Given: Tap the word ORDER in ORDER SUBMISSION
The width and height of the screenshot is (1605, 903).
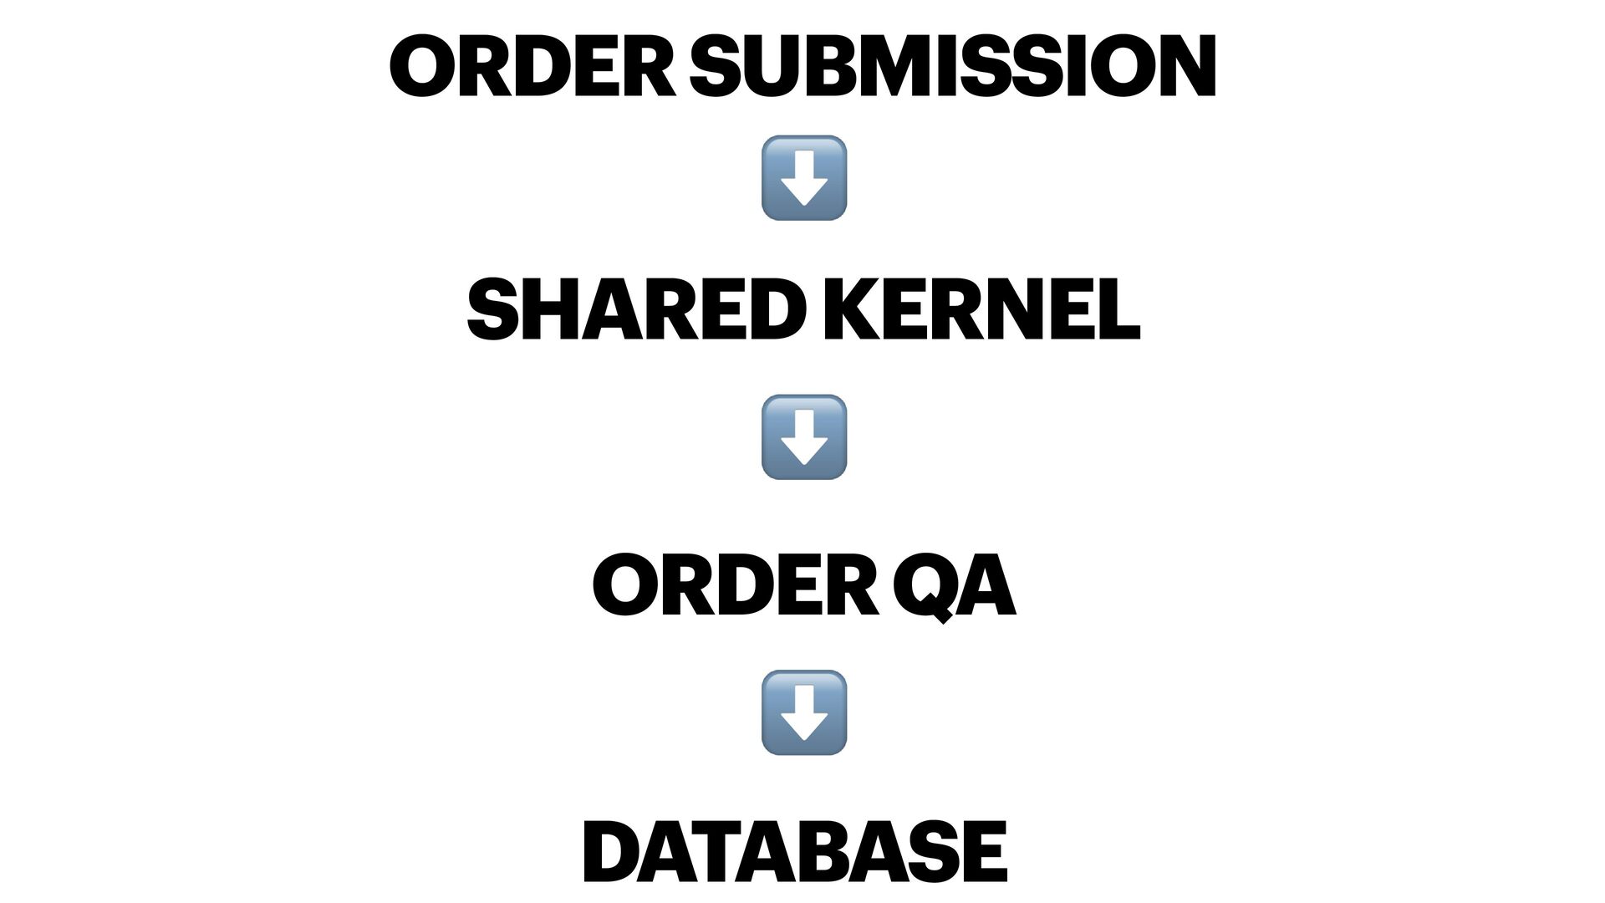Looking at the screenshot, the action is (532, 66).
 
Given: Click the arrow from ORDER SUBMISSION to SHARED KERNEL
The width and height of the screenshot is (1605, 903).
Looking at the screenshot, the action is (803, 178).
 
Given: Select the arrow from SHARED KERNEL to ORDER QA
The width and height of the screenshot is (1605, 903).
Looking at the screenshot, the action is (803, 437).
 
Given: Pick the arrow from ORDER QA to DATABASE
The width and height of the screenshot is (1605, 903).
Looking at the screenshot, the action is (803, 712).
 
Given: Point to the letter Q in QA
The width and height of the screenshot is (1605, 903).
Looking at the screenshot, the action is (925, 590).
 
